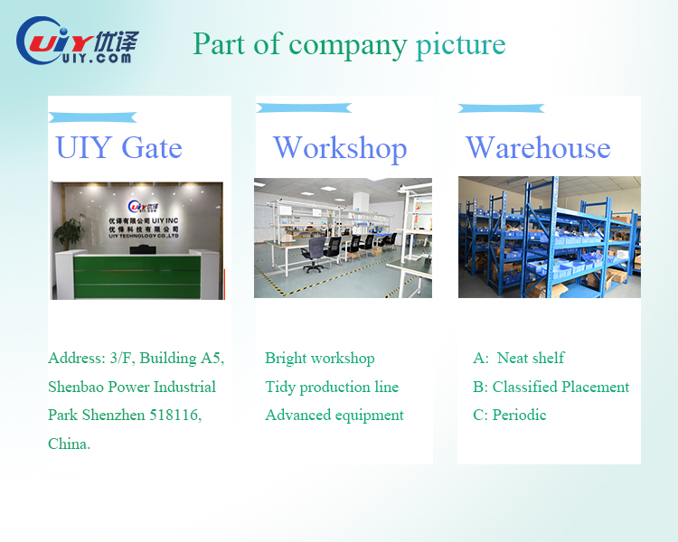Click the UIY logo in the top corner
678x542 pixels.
tap(78, 41)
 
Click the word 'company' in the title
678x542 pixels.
tap(348, 46)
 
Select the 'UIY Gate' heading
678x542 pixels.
tap(119, 148)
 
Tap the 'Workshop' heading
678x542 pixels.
tap(340, 149)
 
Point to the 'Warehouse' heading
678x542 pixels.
tap(538, 148)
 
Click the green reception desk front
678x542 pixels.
tap(137, 277)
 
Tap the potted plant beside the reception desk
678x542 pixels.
tap(70, 232)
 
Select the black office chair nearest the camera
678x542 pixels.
tap(314, 255)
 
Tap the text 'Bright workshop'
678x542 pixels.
tap(320, 359)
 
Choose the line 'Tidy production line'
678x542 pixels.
tap(332, 387)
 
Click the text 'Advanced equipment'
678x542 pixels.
tap(334, 416)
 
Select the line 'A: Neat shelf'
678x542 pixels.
tap(519, 358)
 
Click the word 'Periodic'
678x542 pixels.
tap(519, 415)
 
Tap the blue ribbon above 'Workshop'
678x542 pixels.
tap(304, 108)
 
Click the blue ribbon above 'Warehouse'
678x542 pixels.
tap(501, 108)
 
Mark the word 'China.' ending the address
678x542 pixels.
tap(70, 444)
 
